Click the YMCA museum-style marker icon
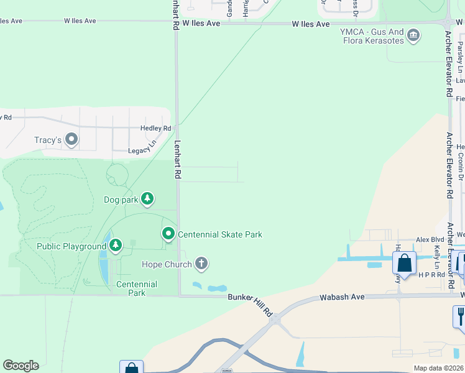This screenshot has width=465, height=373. click(413, 37)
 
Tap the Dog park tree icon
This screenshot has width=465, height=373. click(147, 199)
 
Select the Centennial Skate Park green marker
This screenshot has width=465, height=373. click(168, 234)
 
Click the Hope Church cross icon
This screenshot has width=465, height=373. click(201, 264)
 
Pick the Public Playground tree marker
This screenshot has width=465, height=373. click(116, 246)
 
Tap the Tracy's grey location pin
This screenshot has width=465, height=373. click(71, 139)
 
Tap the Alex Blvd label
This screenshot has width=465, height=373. click(430, 239)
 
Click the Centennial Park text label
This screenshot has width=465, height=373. click(137, 288)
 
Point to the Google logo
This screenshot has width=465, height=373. click(21, 366)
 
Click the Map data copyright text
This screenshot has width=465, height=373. click(438, 368)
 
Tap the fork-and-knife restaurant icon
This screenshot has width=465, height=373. click(459, 316)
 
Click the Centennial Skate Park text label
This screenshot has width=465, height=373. click(220, 234)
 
